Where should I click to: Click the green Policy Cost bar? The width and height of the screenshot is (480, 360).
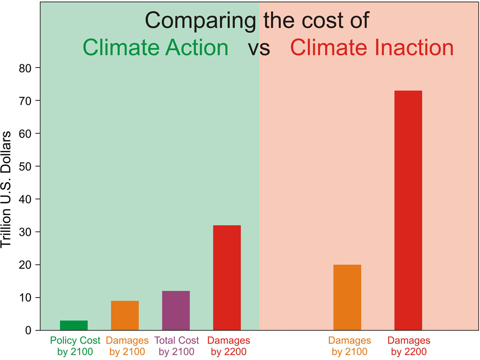74,325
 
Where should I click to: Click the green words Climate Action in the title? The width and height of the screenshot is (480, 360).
156,48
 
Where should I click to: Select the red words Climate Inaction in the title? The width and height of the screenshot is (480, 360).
372,48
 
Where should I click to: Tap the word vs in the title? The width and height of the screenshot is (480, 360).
259,49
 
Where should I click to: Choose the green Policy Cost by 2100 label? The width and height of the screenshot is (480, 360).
75,346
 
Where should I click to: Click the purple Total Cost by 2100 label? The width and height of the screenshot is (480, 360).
177,346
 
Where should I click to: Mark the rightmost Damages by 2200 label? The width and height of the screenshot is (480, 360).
408,346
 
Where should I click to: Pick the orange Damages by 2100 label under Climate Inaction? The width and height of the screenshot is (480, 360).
349,346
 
